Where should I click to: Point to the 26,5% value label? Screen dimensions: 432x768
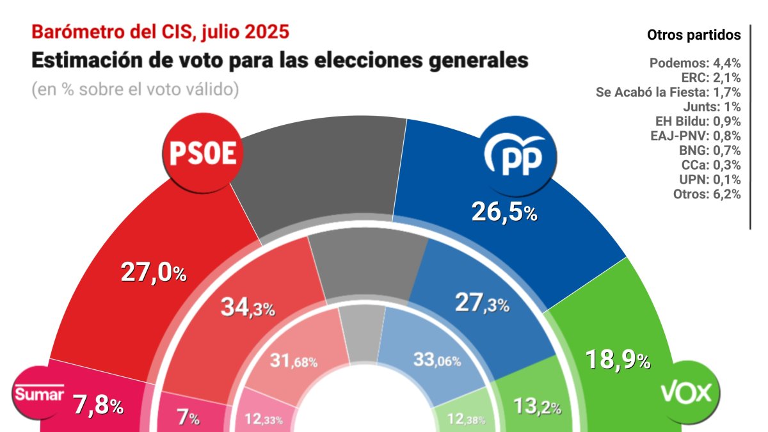pyautogui.click(x=504, y=212)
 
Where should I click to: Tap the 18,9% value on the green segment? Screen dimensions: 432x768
pyautogui.click(x=618, y=361)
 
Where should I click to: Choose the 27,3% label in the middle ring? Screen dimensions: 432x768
pyautogui.click(x=482, y=303)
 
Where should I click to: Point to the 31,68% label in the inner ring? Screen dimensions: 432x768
pyautogui.click(x=292, y=362)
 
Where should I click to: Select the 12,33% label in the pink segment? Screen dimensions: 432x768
pyautogui.click(x=269, y=420)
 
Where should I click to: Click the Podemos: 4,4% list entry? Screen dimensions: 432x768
pyautogui.click(x=695, y=63)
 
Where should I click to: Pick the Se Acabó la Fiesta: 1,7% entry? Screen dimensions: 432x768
pyautogui.click(x=669, y=92)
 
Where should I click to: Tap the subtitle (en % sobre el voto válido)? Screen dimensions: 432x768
pyautogui.click(x=135, y=90)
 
